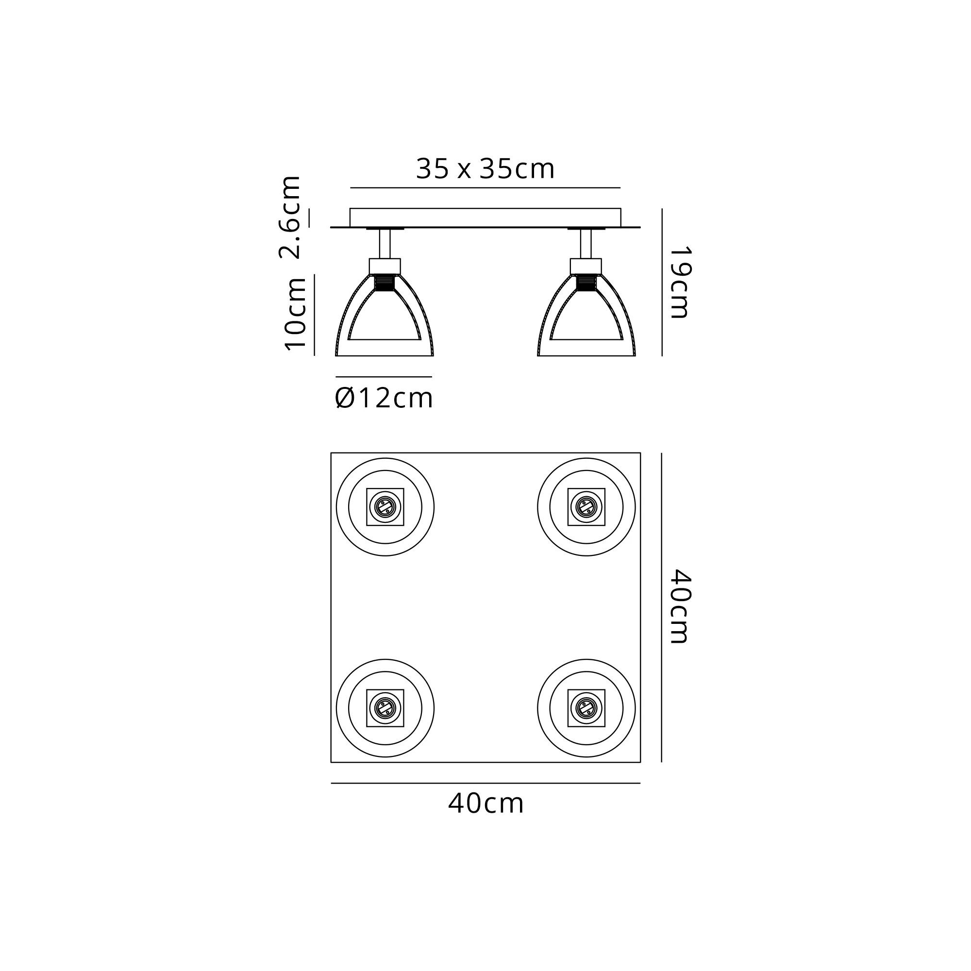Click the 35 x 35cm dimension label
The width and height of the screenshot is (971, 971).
coord(485,169)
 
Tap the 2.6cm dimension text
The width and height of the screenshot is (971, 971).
coord(290,217)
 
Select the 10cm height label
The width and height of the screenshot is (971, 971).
coord(295,314)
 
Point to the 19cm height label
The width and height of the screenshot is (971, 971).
coord(681,282)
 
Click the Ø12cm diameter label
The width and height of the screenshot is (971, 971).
coord(384,399)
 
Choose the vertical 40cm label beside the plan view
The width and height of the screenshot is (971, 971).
coord(681,606)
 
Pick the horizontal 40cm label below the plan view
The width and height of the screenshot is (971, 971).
coord(485,803)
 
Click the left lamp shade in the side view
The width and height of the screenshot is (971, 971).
coord(385,316)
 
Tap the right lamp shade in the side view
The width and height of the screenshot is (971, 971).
coord(586,316)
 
